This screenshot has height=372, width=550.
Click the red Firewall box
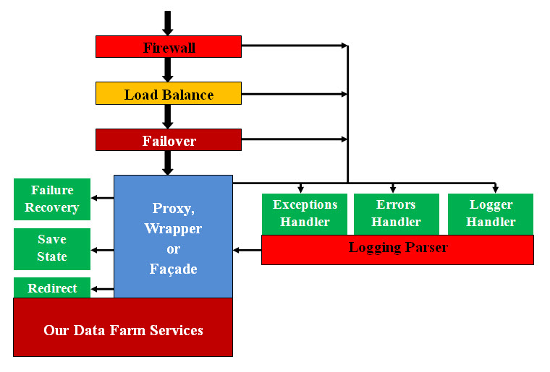(x=168, y=47)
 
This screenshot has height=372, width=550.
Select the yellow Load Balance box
(x=168, y=94)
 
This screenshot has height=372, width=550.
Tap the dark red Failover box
(x=168, y=140)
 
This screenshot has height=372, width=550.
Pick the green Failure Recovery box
(x=52, y=199)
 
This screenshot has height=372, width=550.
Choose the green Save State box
(x=52, y=248)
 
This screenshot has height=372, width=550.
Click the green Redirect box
(x=52, y=288)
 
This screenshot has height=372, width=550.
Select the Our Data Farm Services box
(x=123, y=331)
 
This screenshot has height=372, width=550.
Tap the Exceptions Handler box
(x=305, y=214)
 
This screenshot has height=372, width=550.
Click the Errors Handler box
(x=396, y=214)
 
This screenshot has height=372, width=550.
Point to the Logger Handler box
(x=491, y=214)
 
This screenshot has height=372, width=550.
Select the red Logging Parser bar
(x=397, y=249)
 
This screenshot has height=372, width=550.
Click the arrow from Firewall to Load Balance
(x=168, y=69)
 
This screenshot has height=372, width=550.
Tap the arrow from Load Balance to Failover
(x=168, y=116)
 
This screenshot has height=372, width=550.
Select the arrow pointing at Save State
(x=102, y=251)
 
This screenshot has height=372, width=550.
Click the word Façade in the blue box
(x=173, y=269)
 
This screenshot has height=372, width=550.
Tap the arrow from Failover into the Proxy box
(x=168, y=163)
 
